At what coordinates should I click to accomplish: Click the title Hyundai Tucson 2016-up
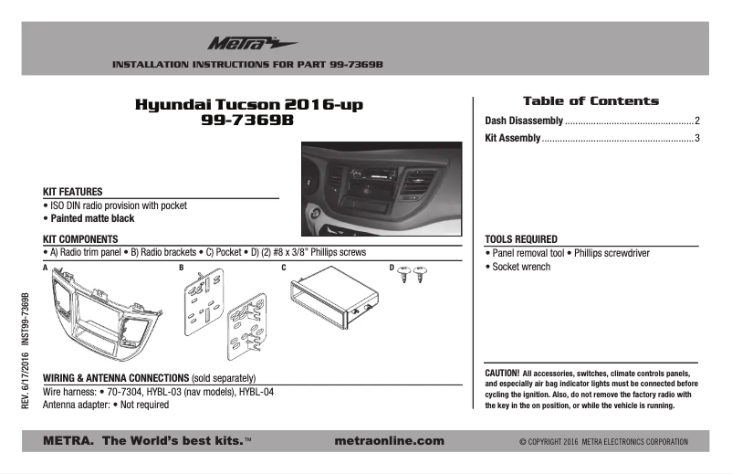pos(249,105)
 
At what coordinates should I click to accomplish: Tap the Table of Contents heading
pos(590,100)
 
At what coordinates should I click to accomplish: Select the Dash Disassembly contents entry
pos(524,121)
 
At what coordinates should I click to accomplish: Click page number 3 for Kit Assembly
pos(696,139)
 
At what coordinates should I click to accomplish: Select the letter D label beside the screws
pos(392,268)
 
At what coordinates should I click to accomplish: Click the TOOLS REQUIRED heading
pos(521,239)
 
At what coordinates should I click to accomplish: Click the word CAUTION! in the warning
pos(502,374)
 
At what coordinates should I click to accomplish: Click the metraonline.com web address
pos(390,441)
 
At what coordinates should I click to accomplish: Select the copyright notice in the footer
pos(603,442)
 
